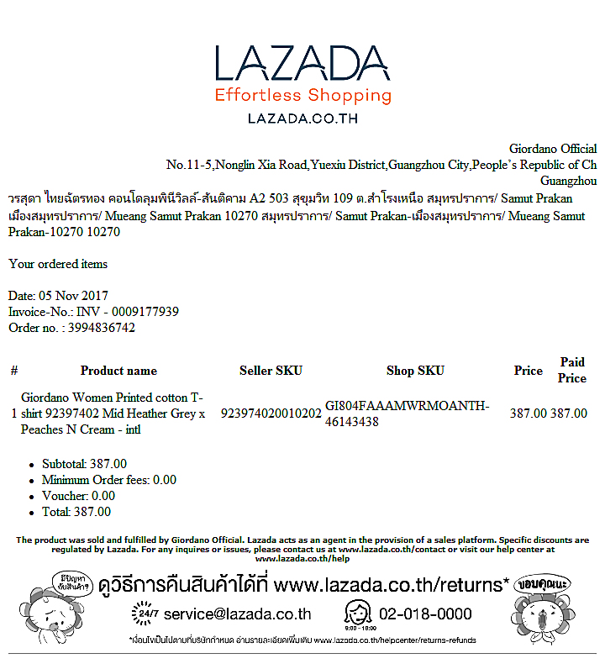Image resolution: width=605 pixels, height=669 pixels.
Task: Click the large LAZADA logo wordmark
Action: (302, 64)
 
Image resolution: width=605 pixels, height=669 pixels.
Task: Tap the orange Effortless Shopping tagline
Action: (302, 95)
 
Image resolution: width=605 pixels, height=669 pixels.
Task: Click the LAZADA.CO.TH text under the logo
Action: (302, 119)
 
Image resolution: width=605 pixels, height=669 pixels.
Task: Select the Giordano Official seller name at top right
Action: (553, 149)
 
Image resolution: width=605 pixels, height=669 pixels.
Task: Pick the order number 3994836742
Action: (100, 328)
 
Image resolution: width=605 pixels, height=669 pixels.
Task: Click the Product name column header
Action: (118, 371)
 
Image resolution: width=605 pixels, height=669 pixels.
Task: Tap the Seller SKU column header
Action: (271, 371)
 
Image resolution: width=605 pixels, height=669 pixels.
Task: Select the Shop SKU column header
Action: (415, 371)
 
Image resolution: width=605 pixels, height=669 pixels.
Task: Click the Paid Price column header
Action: (572, 370)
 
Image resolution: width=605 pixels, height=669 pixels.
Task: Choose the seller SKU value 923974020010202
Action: (271, 414)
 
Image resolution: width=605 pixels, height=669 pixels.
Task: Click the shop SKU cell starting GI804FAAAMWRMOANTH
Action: (407, 414)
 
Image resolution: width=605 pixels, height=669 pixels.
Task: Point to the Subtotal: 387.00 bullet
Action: (84, 464)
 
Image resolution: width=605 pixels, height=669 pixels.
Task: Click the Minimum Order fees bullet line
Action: (109, 480)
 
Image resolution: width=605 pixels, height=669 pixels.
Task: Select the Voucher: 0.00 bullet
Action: (78, 496)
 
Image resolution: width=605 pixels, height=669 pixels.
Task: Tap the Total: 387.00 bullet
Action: (76, 512)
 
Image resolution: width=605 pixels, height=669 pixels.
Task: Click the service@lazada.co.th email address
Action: (237, 614)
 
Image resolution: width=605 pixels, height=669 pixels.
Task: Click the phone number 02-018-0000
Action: (425, 614)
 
